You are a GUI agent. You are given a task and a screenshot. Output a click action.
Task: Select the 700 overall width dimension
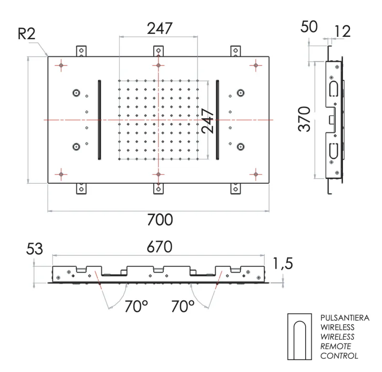[x=159, y=221]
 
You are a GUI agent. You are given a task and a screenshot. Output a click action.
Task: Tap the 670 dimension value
[x=159, y=248]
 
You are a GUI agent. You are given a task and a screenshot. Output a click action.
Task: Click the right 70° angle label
[x=182, y=306]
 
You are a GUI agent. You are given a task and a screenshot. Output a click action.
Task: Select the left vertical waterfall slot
[x=99, y=119]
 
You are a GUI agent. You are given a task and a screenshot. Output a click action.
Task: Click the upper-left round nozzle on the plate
[x=75, y=93]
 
